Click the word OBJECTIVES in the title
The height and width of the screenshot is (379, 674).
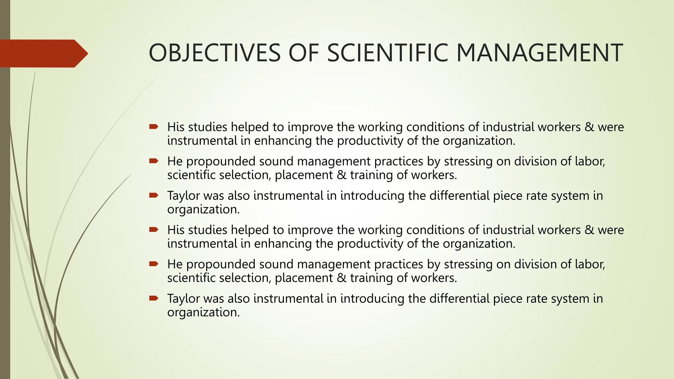[x=215, y=53]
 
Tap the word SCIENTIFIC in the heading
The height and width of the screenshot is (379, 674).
[x=388, y=53]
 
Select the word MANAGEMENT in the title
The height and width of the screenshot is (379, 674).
[x=540, y=53]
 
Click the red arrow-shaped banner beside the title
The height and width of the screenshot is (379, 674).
[x=43, y=53]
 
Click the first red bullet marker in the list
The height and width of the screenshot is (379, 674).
[x=154, y=127]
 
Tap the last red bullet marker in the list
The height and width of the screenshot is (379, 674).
[x=154, y=298]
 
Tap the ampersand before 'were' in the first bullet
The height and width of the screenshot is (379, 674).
[x=589, y=127]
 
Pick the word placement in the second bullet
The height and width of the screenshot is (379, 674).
[x=304, y=175]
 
